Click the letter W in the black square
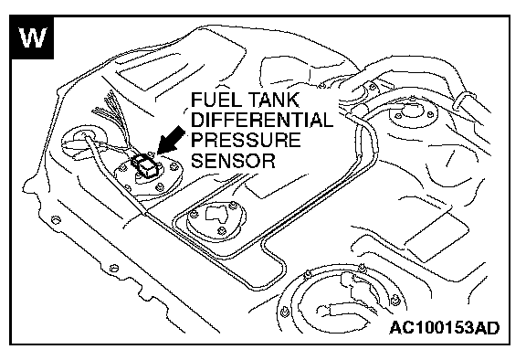33,37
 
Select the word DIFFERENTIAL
262,120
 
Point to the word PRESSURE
246,140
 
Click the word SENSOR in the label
233,160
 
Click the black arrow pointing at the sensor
171,140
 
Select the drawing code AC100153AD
444,327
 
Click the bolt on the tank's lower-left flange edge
56,220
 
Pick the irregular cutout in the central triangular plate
216,214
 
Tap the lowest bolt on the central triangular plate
221,230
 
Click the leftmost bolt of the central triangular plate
194,214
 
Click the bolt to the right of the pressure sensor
174,166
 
